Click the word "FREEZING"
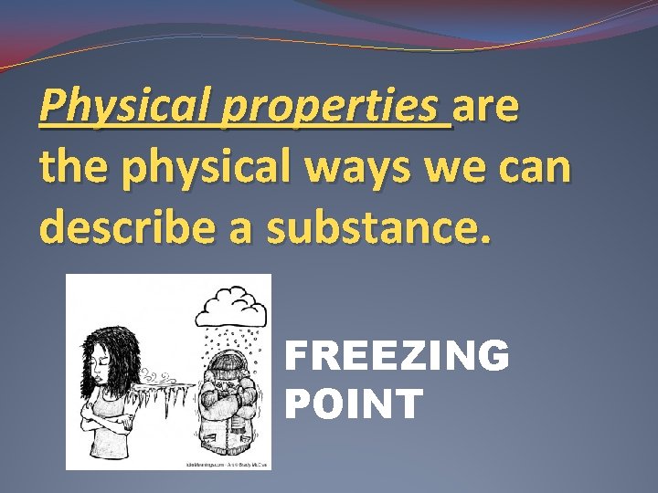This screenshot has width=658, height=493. [398, 355]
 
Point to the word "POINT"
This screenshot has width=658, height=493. [355, 403]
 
